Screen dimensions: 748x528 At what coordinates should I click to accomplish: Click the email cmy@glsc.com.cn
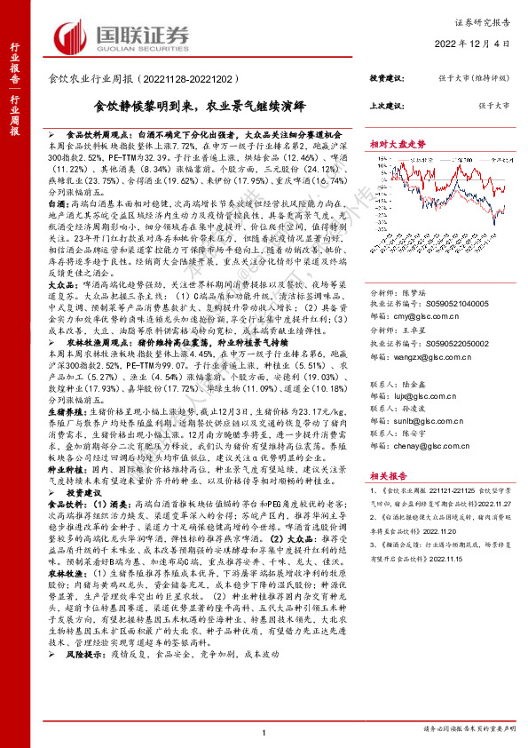click(x=425, y=290)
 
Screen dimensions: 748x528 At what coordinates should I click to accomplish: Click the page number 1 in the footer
click(x=264, y=731)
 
